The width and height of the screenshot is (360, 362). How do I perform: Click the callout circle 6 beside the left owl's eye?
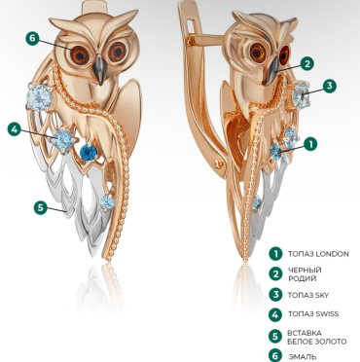[32, 38]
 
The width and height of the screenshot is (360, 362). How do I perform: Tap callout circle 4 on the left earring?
[15, 129]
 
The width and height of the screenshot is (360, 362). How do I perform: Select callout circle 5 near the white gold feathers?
[40, 207]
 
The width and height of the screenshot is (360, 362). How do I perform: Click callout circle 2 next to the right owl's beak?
[307, 64]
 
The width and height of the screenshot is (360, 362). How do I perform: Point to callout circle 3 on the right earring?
[330, 86]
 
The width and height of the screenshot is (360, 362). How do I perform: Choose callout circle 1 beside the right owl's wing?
[310, 144]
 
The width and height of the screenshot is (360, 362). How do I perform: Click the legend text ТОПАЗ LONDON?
[318, 254]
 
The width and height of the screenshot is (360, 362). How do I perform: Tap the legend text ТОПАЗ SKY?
[308, 295]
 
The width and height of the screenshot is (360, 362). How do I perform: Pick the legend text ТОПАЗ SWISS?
[313, 314]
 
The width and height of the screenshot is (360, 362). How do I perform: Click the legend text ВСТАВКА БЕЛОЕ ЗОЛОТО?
[316, 338]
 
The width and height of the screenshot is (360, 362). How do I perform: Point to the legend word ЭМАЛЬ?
[303, 357]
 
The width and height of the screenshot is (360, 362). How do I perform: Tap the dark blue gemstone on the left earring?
[89, 152]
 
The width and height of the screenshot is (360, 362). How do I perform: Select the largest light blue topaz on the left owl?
[39, 95]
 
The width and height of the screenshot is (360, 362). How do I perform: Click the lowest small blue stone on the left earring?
[107, 202]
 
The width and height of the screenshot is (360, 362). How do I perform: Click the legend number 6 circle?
[275, 356]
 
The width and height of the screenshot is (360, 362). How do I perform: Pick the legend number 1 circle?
[275, 254]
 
